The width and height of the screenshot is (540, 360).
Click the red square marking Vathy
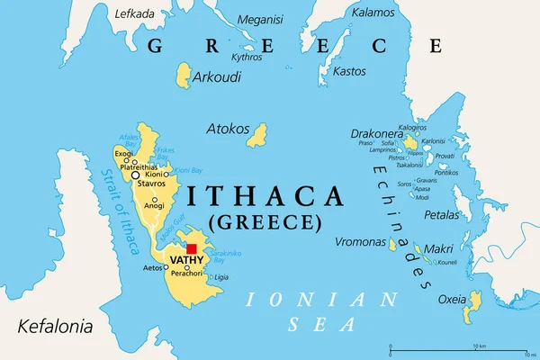point(191,248)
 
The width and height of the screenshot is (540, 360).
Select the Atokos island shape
point(258,135)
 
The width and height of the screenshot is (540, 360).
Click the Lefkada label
point(135,13)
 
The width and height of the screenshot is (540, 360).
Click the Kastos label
point(348,70)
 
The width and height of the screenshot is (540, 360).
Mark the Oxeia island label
point(451,300)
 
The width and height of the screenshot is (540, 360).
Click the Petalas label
point(442,216)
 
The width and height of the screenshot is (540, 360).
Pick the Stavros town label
point(151,184)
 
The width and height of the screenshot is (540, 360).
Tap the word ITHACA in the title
point(265,195)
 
